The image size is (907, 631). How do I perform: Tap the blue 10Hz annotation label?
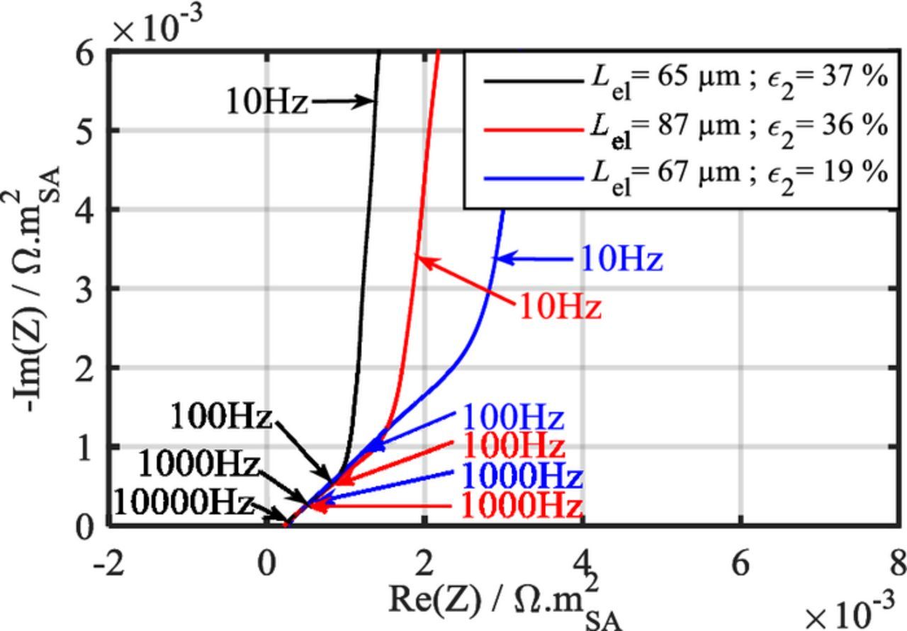click(621, 258)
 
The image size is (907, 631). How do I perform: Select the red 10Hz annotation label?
click(560, 307)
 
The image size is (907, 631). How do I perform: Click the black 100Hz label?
click(221, 416)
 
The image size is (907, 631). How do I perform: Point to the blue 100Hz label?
click(512, 418)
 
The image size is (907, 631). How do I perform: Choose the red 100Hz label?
click(513, 446)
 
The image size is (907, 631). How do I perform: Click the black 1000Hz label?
click(198, 465)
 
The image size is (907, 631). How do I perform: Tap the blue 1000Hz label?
click(522, 476)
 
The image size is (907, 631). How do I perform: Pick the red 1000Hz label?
click(522, 506)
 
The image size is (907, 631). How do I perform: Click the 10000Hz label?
click(183, 503)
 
